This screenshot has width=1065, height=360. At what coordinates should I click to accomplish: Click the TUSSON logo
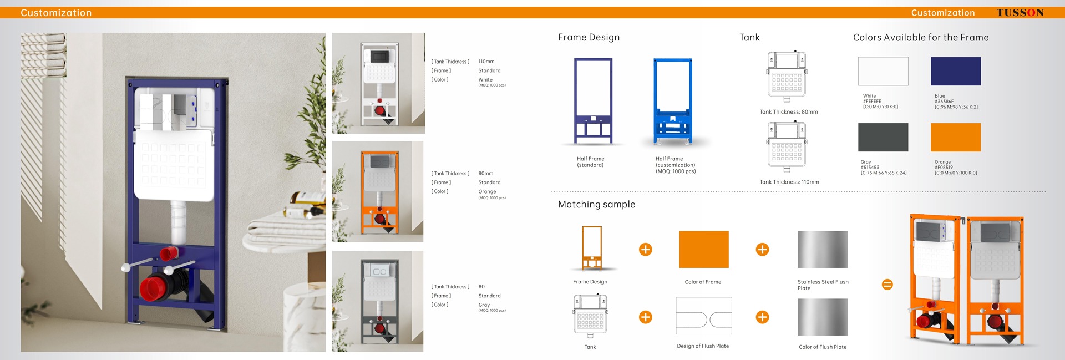[1020, 13]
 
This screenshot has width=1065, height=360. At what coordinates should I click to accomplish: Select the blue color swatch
[955, 71]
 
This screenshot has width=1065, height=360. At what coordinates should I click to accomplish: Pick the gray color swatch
[883, 137]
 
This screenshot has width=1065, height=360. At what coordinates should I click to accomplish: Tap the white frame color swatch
[883, 71]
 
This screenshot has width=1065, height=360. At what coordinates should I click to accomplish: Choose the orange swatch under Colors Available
[955, 137]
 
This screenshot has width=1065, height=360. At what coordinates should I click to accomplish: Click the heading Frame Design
[589, 37]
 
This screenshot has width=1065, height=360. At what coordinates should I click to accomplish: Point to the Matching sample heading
[596, 204]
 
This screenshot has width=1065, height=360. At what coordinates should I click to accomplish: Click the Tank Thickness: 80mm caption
[788, 112]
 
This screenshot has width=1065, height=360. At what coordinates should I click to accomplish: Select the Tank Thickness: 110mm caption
[789, 182]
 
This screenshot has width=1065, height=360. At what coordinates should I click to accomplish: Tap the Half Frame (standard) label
[590, 162]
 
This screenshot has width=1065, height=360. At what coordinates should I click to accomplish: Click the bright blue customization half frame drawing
[672, 102]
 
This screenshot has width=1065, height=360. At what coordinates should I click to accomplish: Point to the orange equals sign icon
[887, 285]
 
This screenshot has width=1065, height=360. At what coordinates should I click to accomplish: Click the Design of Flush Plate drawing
[703, 316]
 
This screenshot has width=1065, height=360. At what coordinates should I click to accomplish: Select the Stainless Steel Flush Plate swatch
[822, 250]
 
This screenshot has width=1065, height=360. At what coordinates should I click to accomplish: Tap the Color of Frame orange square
[703, 250]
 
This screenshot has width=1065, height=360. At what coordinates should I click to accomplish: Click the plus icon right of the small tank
[645, 317]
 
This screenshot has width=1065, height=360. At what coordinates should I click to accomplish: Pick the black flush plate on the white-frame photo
[379, 55]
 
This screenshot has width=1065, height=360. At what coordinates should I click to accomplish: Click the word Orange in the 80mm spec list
[487, 191]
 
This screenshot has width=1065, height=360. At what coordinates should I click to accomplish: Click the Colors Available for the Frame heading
[920, 37]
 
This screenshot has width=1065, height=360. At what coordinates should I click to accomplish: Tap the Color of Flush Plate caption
[822, 347]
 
